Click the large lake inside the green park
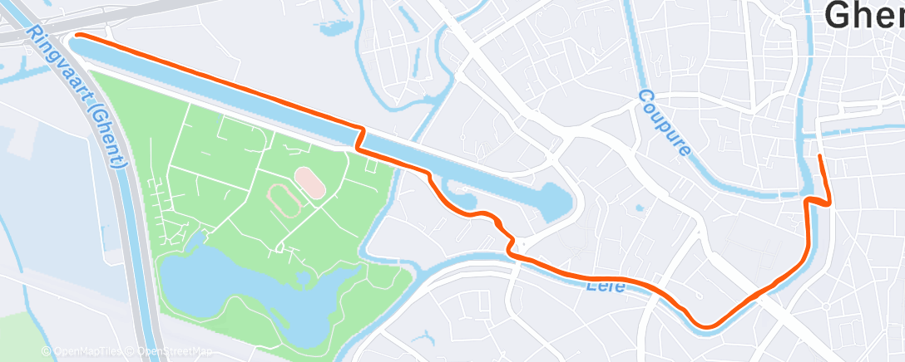250,291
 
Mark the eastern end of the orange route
820,156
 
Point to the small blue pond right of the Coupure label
638,208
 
